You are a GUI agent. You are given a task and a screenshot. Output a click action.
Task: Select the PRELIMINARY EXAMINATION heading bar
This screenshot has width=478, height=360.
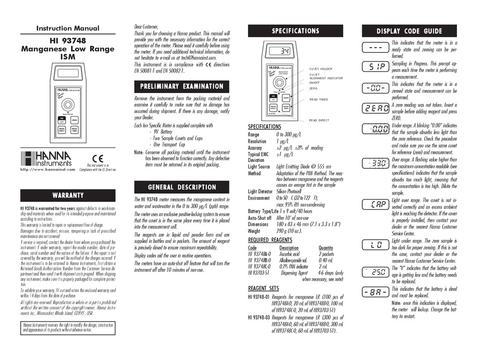182,86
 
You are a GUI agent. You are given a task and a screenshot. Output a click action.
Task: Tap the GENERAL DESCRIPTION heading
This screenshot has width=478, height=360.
182,187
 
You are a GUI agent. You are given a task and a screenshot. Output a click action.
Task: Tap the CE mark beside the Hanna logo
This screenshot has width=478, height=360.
98,158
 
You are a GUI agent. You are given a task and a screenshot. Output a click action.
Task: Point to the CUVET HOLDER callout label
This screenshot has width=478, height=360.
320,69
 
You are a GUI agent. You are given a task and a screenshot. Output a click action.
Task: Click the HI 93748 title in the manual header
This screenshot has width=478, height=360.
68,40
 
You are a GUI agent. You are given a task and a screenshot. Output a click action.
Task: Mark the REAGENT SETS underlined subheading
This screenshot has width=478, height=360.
264,288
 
